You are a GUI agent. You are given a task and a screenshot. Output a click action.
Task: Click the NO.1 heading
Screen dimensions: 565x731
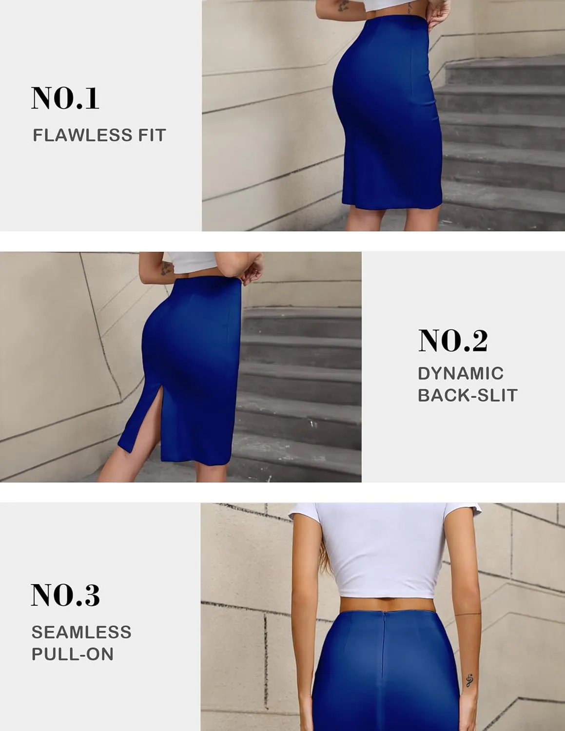[x=65, y=98]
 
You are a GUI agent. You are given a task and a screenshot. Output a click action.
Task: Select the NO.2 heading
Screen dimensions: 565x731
[x=453, y=341]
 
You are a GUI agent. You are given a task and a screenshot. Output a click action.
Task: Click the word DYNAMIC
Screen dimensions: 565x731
[x=461, y=373]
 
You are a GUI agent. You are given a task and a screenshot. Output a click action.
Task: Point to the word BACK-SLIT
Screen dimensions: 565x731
[x=468, y=395]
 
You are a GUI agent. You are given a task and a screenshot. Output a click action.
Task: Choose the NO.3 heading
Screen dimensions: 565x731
[x=65, y=595]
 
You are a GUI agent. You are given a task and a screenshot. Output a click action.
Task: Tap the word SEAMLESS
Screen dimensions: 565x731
[x=81, y=632]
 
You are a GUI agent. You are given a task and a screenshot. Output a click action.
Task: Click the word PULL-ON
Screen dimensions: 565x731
[x=72, y=654]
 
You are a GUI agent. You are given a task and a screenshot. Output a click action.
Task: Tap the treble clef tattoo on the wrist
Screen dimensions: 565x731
[x=469, y=680]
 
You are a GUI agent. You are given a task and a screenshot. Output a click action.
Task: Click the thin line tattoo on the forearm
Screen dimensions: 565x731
[x=468, y=614]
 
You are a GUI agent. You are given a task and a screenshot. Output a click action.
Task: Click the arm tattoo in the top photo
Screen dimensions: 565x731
[x=343, y=6]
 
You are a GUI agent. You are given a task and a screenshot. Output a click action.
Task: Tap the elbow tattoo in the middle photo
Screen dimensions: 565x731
[x=166, y=269]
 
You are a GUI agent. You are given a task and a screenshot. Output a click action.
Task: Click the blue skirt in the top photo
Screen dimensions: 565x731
[x=388, y=111]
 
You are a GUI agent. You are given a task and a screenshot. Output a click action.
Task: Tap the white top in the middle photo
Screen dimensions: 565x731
[x=192, y=262]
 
